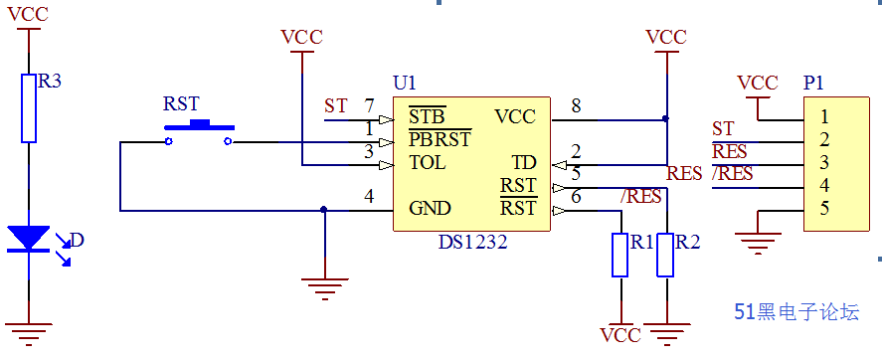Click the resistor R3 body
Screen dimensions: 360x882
(28, 106)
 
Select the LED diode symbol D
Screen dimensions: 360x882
(28, 239)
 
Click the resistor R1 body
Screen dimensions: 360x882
(620, 254)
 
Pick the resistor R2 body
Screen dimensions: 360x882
(666, 254)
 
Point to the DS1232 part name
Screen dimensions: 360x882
(472, 241)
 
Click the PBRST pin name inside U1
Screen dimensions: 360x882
(440, 140)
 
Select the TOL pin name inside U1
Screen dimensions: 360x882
(427, 162)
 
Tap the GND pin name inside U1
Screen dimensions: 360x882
(430, 209)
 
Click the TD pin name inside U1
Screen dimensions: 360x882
(523, 162)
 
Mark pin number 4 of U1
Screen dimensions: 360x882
(369, 197)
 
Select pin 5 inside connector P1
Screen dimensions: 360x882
(824, 209)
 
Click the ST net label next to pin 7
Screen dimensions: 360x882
(336, 105)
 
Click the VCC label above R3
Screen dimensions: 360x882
(28, 16)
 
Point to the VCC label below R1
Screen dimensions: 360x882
(620, 335)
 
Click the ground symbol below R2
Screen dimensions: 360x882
(666, 326)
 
